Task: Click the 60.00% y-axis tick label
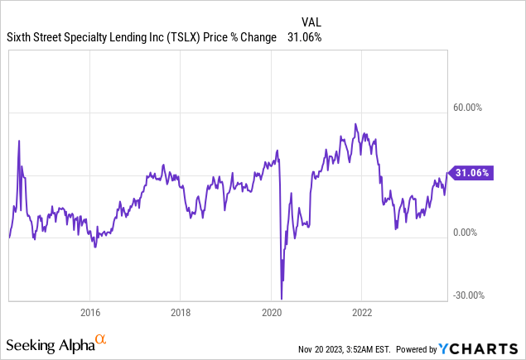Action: coord(466,107)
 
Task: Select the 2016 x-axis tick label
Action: coord(89,313)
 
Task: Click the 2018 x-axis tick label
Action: coord(181,313)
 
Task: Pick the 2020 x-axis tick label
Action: coord(272,313)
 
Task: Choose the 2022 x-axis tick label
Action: coord(363,313)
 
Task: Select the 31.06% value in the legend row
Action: coord(304,37)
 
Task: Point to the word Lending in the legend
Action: coord(133,37)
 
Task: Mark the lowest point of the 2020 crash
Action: coord(282,299)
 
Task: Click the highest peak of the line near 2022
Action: coord(355,124)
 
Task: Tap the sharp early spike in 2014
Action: coord(19,142)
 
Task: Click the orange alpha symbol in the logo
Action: coord(100,338)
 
